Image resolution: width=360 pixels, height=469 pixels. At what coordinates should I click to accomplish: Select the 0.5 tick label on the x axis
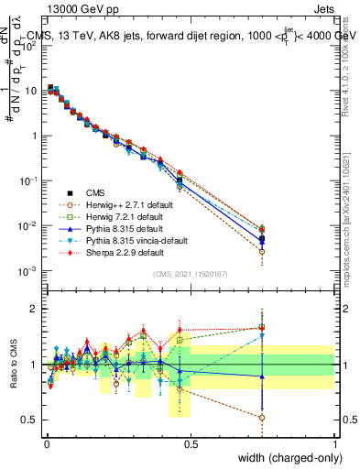pyautogui.click(x=191, y=444)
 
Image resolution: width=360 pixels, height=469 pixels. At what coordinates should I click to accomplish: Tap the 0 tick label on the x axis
pyautogui.click(x=47, y=444)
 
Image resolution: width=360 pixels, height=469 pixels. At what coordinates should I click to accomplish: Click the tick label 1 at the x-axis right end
pyautogui.click(x=334, y=444)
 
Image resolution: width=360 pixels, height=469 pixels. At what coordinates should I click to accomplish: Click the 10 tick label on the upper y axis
pyautogui.click(x=32, y=91)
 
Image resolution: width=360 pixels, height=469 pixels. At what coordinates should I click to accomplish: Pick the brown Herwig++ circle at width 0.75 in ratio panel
pyautogui.click(x=263, y=417)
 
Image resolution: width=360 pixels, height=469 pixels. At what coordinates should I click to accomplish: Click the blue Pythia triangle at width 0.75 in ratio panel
pyautogui.click(x=263, y=376)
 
